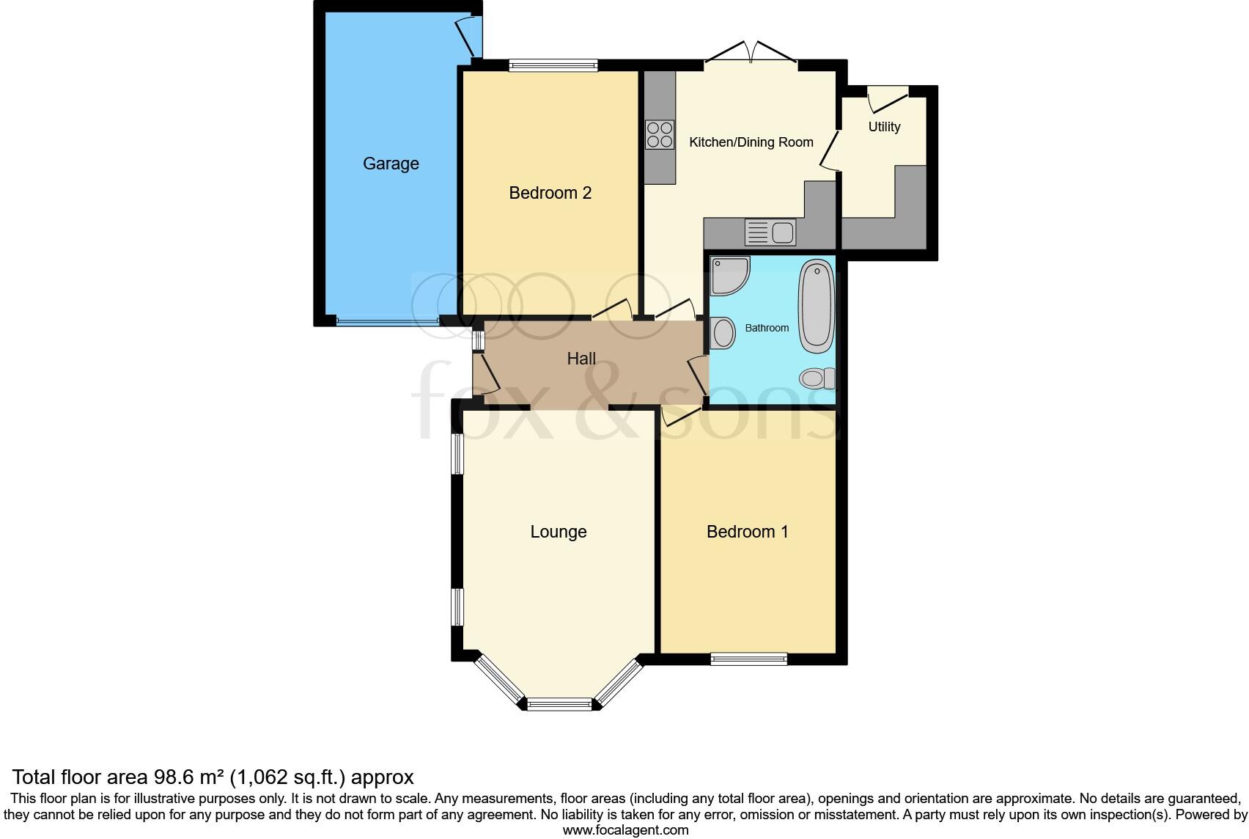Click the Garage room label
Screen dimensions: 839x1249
point(391,164)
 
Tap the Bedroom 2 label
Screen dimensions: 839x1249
point(550,193)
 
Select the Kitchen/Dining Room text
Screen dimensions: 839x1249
point(751,142)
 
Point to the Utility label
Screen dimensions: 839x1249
point(884,127)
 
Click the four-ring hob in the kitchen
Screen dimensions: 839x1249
point(660,135)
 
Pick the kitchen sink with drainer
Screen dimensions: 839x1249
point(770,232)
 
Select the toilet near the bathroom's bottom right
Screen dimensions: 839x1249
point(817,378)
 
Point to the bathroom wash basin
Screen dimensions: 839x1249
point(723,333)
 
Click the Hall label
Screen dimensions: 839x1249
point(581,359)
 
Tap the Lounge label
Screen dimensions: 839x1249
point(559,532)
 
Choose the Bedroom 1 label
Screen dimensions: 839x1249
point(747,532)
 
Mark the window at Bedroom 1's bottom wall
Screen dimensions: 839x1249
point(748,659)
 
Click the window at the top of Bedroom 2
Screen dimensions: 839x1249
point(554,65)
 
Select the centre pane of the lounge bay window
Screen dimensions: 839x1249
point(559,705)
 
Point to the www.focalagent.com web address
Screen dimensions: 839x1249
point(625,830)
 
